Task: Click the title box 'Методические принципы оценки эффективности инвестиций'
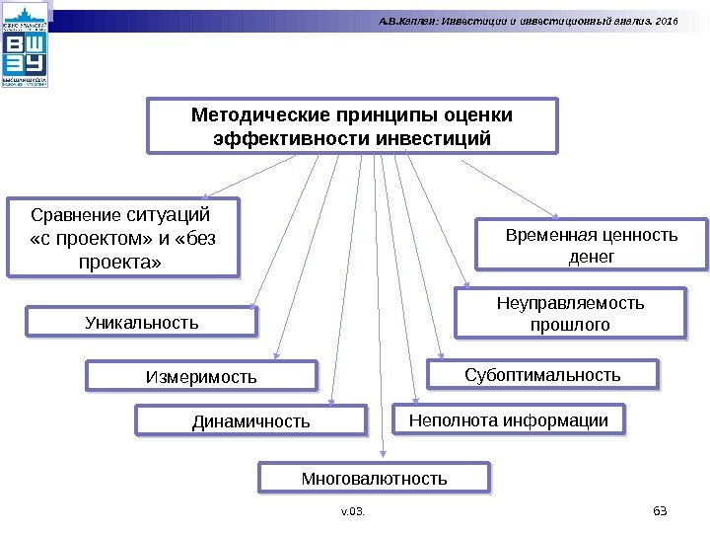click(x=352, y=125)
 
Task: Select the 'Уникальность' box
click(x=140, y=322)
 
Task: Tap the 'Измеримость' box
click(x=201, y=376)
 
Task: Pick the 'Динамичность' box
click(x=250, y=421)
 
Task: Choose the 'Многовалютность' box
click(x=374, y=479)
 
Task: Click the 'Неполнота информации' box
click(x=509, y=419)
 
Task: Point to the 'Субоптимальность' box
click(x=542, y=375)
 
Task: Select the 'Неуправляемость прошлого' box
click(x=570, y=313)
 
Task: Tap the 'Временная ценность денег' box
click(x=592, y=245)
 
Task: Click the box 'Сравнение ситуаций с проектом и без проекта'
click(x=122, y=238)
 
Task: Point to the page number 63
click(x=661, y=509)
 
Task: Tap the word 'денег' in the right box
click(x=592, y=257)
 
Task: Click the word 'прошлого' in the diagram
click(x=570, y=325)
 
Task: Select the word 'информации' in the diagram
click(x=566, y=419)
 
